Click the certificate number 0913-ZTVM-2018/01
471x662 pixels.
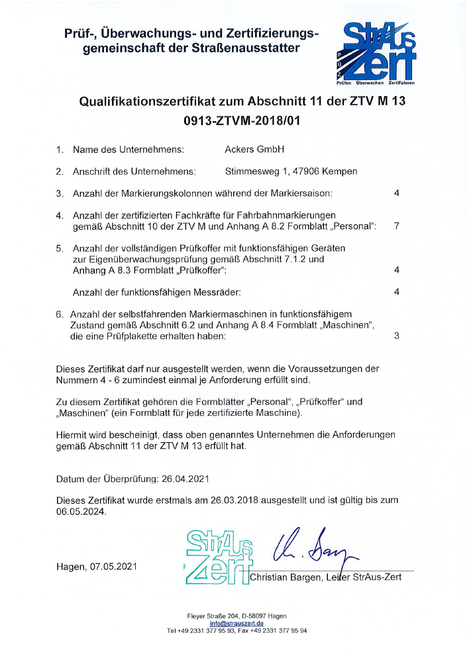235,121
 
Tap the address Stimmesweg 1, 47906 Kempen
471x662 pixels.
291,171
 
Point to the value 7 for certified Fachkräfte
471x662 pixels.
396,226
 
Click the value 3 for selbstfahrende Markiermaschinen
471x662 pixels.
396,336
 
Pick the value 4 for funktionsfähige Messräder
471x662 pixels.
396,292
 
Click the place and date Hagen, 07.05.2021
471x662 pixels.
98,567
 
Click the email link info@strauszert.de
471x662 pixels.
236,623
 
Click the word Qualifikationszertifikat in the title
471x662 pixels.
161,102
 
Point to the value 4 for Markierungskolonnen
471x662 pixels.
396,193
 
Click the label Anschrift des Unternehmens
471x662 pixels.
134,171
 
